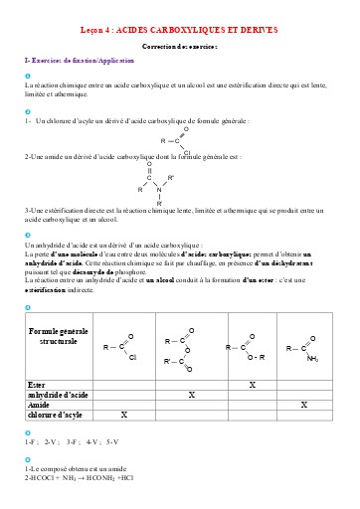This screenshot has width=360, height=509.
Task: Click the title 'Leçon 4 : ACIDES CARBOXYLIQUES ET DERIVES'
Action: (x=179, y=32)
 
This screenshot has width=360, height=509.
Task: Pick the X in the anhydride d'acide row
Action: (x=191, y=395)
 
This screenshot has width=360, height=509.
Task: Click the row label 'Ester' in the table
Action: (x=38, y=384)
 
